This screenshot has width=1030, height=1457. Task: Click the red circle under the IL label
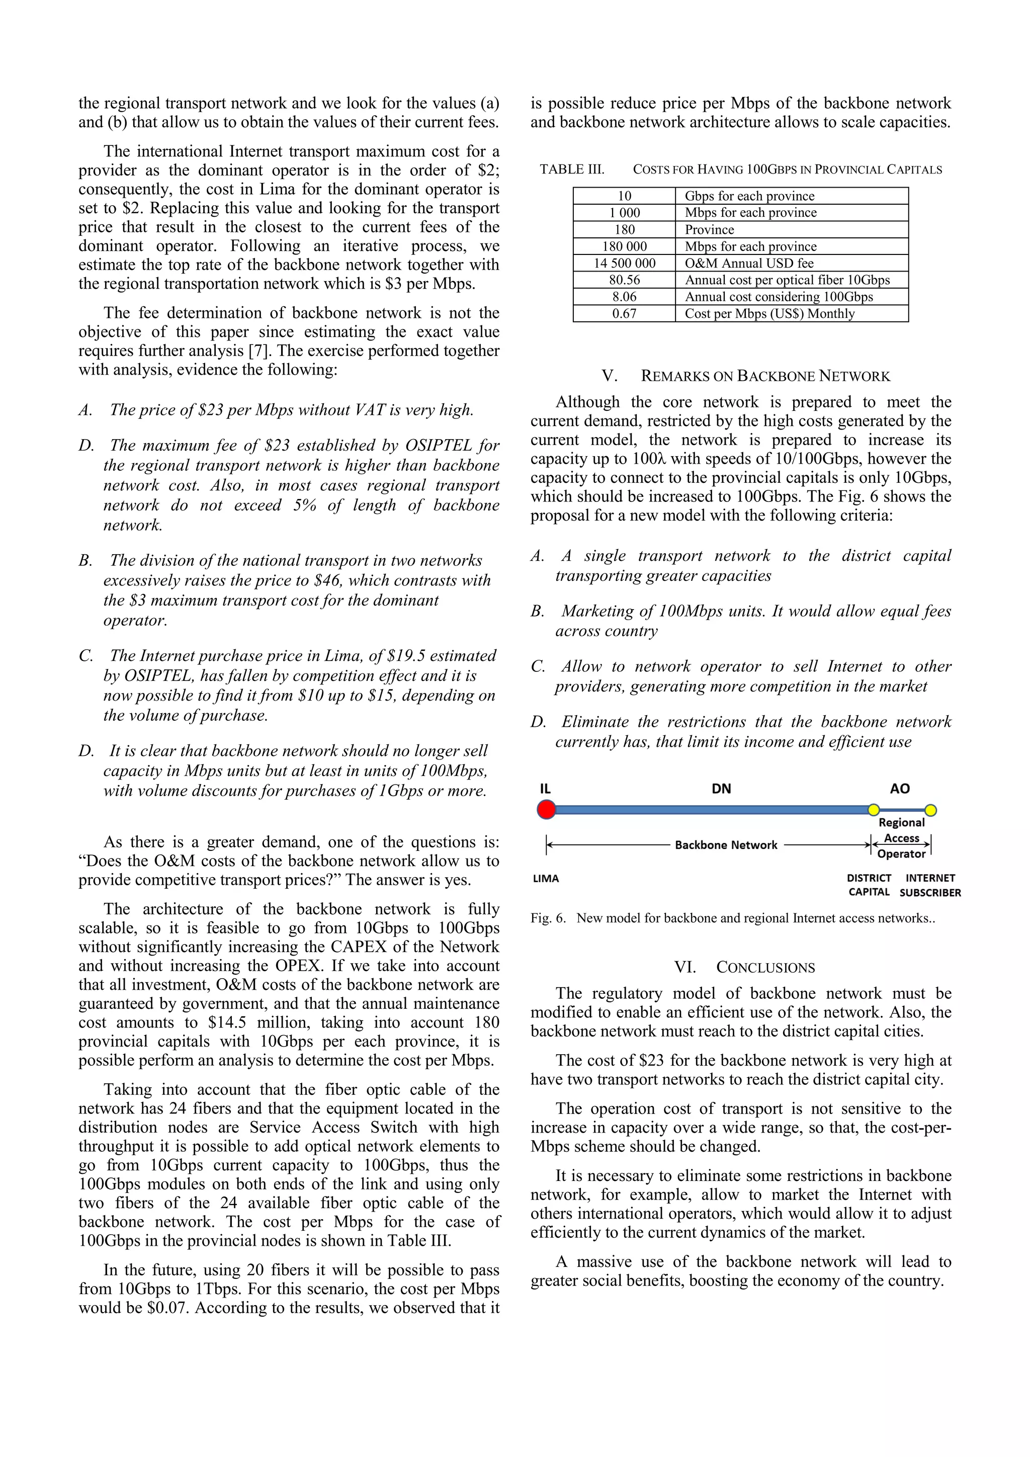pyautogui.click(x=546, y=809)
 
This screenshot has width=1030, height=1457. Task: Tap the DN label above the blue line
pyautogui.click(x=721, y=789)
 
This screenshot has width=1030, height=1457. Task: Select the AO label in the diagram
pyautogui.click(x=899, y=789)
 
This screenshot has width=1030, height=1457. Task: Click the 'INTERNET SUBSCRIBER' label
pyautogui.click(x=930, y=885)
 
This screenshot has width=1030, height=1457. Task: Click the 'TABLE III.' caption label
pyautogui.click(x=572, y=169)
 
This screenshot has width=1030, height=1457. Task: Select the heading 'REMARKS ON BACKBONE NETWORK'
pyautogui.click(x=765, y=376)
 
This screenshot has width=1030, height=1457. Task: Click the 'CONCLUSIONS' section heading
pyautogui.click(x=765, y=967)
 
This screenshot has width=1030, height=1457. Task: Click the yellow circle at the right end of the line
pyautogui.click(x=930, y=810)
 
